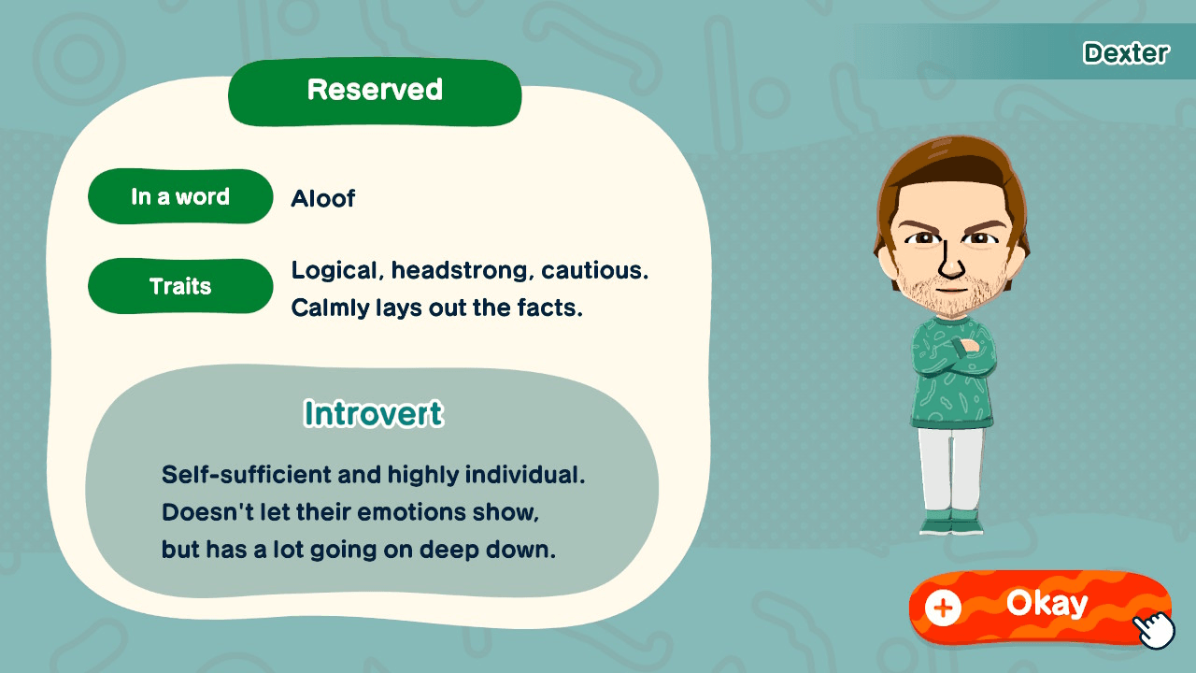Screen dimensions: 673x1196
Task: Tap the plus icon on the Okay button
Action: pyautogui.click(x=943, y=609)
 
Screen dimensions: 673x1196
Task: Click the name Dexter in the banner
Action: pyautogui.click(x=1125, y=53)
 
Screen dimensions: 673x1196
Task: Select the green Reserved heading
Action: pyautogui.click(x=375, y=91)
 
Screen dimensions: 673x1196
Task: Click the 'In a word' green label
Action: pyautogui.click(x=180, y=197)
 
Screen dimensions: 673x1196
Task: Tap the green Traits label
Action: pyautogui.click(x=180, y=286)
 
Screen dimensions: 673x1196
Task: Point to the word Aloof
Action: pyautogui.click(x=323, y=198)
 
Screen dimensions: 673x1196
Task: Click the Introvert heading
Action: pyautogui.click(x=374, y=413)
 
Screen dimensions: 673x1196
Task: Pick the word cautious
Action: pyautogui.click(x=593, y=271)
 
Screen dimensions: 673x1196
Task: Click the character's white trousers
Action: pyautogui.click(x=951, y=467)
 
